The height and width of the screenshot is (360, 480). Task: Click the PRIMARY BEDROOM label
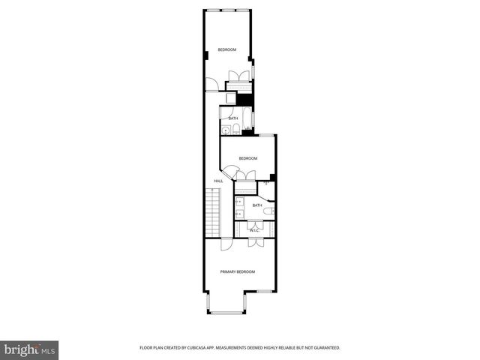pyautogui.click(x=237, y=271)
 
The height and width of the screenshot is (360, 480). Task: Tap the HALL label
pyautogui.click(x=218, y=181)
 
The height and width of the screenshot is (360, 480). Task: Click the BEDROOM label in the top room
pyautogui.click(x=227, y=49)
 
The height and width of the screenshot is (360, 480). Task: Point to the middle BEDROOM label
pyautogui.click(x=248, y=158)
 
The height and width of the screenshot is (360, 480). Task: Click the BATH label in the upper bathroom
pyautogui.click(x=233, y=118)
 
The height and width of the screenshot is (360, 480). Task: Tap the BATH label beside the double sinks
pyautogui.click(x=257, y=205)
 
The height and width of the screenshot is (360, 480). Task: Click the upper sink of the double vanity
pyautogui.click(x=238, y=201)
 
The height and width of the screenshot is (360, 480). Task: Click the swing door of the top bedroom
pyautogui.click(x=211, y=85)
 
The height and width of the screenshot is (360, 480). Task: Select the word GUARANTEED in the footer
pyautogui.click(x=324, y=348)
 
